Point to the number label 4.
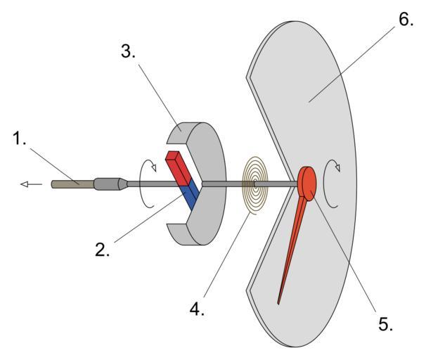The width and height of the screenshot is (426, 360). [x=198, y=309]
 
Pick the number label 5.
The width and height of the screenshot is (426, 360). [x=385, y=325]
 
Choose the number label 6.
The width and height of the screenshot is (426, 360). [x=406, y=19]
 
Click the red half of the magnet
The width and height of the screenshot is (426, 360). [x=177, y=165]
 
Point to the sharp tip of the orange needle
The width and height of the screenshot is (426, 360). [x=278, y=303]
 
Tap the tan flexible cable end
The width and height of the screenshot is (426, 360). [x=70, y=184]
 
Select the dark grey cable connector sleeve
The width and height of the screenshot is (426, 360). [x=109, y=184]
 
